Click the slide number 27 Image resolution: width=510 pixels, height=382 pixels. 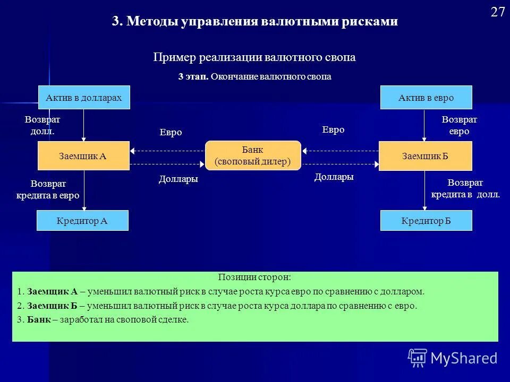(497, 13)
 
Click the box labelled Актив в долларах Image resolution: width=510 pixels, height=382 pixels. (84, 98)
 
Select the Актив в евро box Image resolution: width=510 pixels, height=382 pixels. (426, 98)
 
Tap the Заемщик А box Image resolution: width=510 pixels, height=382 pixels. (83, 155)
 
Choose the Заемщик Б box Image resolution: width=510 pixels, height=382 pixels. (425, 155)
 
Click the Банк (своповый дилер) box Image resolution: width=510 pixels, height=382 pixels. (253, 155)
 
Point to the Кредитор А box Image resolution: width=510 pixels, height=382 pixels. (82, 220)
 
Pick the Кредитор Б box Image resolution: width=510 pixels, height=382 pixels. (426, 220)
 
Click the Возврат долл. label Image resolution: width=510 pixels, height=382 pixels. (42, 125)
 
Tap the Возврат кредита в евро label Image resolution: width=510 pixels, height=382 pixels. (48, 189)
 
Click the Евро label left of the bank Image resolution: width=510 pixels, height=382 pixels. (171, 133)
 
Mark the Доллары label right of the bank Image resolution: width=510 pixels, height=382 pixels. (334, 177)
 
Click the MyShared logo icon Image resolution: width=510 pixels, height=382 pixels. (418, 358)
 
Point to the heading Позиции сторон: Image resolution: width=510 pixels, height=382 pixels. (254, 277)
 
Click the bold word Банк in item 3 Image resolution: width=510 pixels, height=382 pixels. (39, 319)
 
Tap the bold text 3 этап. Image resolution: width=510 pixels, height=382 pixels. (193, 77)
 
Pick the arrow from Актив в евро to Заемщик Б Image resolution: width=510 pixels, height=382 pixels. (424, 125)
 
